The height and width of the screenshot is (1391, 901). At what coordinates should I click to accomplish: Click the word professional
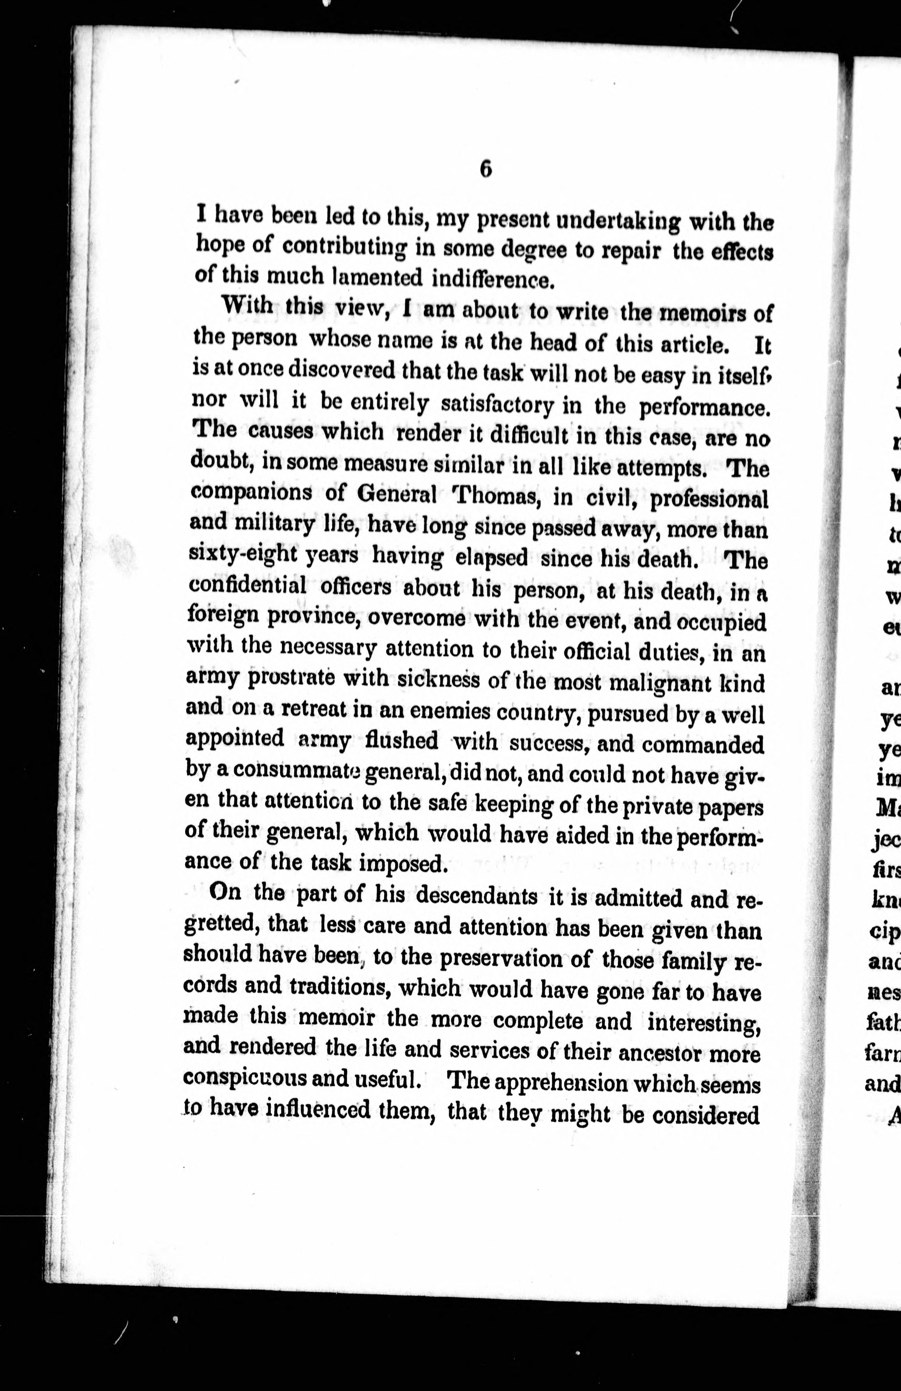click(x=709, y=498)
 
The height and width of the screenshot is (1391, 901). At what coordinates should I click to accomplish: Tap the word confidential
click(x=248, y=585)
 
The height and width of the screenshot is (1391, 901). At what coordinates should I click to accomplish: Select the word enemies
click(x=440, y=713)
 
